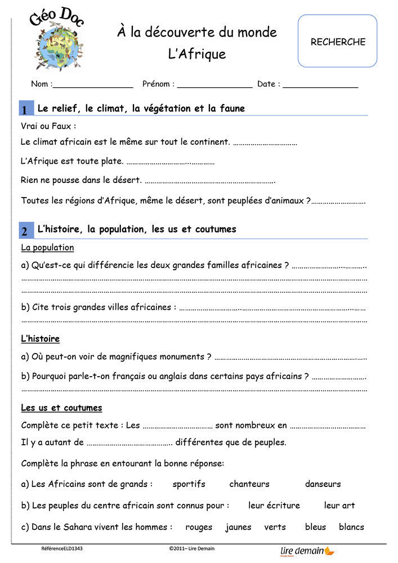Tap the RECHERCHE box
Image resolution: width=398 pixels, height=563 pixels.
pyautogui.click(x=337, y=41)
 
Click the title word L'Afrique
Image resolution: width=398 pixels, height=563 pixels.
pyautogui.click(x=197, y=54)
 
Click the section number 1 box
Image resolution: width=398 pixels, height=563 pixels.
pyautogui.click(x=25, y=109)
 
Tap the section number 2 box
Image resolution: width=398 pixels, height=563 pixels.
pyautogui.click(x=25, y=231)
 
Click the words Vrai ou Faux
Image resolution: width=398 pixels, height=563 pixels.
pyautogui.click(x=48, y=126)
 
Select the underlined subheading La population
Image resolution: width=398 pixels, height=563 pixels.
pyautogui.click(x=47, y=248)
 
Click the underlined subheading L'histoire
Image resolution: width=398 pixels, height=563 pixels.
pyautogui.click(x=40, y=339)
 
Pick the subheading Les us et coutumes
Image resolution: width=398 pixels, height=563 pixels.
pyautogui.click(x=61, y=408)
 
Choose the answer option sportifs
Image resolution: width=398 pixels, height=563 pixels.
pyautogui.click(x=189, y=484)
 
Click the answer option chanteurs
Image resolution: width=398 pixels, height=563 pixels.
pyautogui.click(x=249, y=484)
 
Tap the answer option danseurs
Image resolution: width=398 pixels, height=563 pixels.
pyautogui.click(x=323, y=484)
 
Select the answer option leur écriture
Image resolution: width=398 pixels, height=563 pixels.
pyautogui.click(x=274, y=506)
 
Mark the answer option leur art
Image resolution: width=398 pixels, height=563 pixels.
pyautogui.click(x=339, y=506)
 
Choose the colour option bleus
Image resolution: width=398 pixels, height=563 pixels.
pyautogui.click(x=315, y=528)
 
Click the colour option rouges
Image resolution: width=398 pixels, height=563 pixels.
pyautogui.click(x=199, y=528)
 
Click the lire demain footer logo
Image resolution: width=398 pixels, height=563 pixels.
pyautogui.click(x=307, y=551)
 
